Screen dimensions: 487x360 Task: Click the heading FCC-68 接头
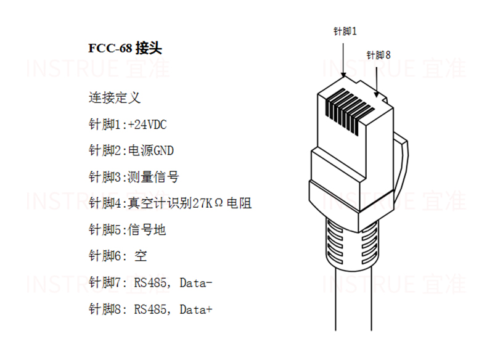tap(125, 48)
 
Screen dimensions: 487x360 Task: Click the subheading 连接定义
tap(115, 98)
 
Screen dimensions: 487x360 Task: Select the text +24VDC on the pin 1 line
tap(147, 125)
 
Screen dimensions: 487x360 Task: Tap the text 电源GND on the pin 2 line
tap(150, 150)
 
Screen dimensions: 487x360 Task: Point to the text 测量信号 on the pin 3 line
tap(153, 177)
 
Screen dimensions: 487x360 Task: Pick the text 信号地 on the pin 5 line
tap(147, 230)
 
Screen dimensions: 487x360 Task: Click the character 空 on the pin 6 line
tap(141, 256)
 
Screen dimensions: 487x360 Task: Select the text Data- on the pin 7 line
tap(195, 283)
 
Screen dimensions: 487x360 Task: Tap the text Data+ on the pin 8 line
tap(195, 309)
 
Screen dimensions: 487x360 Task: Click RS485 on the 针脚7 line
tap(150, 283)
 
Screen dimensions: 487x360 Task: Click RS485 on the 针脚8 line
tap(150, 309)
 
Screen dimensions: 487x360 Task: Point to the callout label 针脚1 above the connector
tap(345, 31)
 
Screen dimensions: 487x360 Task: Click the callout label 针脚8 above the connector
tap(379, 55)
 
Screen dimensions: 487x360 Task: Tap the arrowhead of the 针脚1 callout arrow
tap(343, 75)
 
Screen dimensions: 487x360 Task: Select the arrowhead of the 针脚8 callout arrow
tap(377, 94)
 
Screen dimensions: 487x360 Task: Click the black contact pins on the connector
tap(350, 111)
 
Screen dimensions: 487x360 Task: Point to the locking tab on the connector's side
tap(401, 168)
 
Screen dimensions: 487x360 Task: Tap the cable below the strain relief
tap(354, 298)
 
